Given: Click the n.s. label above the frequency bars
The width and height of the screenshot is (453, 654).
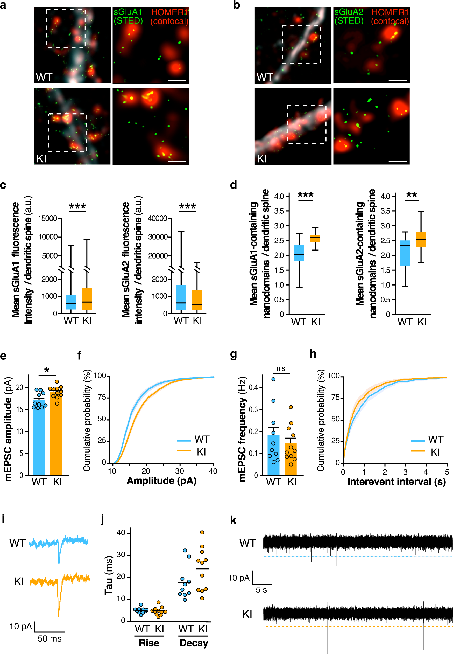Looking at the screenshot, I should pyautogui.click(x=281, y=368).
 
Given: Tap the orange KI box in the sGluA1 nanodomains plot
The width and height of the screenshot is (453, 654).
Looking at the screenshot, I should pyautogui.click(x=315, y=238).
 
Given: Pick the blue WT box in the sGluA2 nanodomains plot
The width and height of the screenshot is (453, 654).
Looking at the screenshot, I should pyautogui.click(x=405, y=253).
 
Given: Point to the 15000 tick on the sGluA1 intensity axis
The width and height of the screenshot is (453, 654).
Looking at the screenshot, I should pyautogui.click(x=48, y=218).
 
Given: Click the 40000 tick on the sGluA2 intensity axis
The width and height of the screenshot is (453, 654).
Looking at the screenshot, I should pyautogui.click(x=158, y=218).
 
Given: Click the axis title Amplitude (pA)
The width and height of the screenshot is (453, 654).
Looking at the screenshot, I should pyautogui.click(x=161, y=481).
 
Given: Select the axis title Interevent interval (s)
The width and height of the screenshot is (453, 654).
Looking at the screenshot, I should pyautogui.click(x=396, y=482).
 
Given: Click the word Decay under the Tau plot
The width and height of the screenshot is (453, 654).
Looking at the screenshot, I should pyautogui.click(x=194, y=643).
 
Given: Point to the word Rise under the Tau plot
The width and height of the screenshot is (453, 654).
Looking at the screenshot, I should pyautogui.click(x=149, y=643).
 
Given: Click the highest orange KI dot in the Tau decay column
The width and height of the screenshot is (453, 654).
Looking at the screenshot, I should pyautogui.click(x=202, y=532).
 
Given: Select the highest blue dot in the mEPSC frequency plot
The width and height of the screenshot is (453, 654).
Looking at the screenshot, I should pyautogui.click(x=273, y=379).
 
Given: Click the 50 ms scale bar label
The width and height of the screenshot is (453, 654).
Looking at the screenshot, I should pyautogui.click(x=49, y=639).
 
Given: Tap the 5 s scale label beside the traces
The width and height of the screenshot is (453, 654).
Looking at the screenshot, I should pyautogui.click(x=261, y=590).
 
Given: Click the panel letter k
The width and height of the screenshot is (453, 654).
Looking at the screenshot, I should pyautogui.click(x=233, y=520).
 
